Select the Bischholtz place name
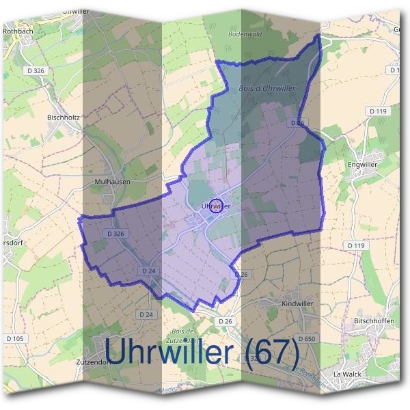coord(64,117)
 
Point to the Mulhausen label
coord(111,182)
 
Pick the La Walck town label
coord(346,374)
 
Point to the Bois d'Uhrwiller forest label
coord(266,89)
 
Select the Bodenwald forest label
coord(246,33)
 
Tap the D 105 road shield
coord(15,338)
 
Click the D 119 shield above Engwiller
coord(377,111)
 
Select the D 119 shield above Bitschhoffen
coord(356,245)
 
